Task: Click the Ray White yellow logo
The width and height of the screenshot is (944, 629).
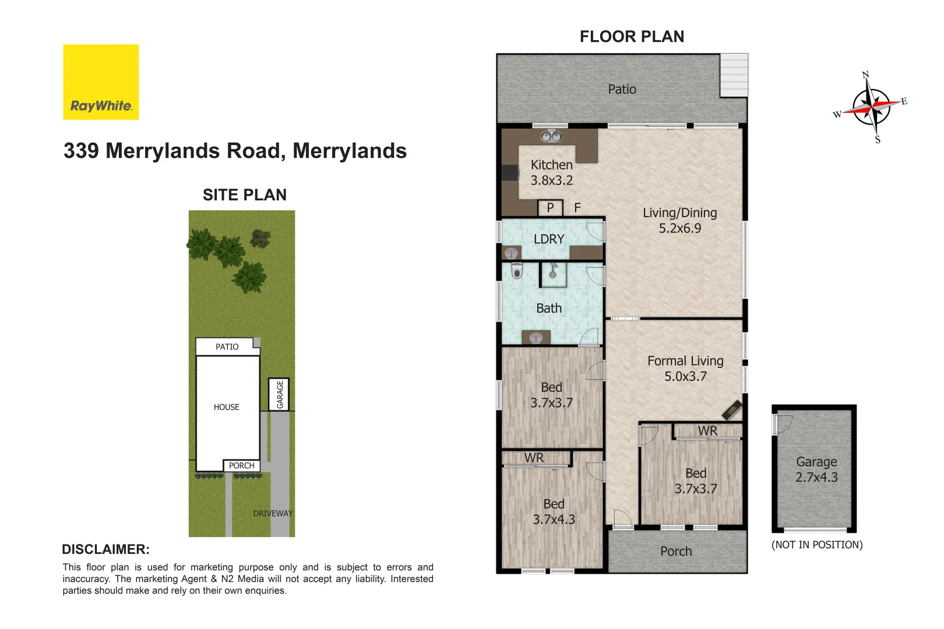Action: click(101, 82)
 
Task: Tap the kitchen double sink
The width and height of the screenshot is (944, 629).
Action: click(551, 137)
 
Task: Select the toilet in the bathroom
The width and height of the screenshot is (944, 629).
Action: click(516, 271)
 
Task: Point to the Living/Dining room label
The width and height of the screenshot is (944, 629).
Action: click(679, 213)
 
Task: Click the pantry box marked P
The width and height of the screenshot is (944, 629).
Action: click(550, 208)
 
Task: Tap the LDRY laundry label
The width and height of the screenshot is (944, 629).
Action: click(549, 239)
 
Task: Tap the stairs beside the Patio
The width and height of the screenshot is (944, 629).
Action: click(734, 75)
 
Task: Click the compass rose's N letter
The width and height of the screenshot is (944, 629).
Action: click(865, 75)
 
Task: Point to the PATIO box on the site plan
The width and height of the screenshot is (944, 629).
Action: click(227, 347)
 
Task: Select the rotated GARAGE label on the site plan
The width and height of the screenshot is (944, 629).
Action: click(280, 394)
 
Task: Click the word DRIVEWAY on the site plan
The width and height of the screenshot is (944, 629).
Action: click(273, 513)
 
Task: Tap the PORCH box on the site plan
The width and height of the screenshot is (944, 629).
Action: click(241, 465)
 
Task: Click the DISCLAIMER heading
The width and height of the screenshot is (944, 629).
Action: click(105, 549)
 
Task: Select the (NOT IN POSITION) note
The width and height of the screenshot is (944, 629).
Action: click(817, 545)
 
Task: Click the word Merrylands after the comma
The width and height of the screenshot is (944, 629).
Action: click(350, 151)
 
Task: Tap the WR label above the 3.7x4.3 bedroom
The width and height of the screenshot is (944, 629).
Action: click(534, 458)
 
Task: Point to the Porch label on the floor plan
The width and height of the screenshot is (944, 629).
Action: click(676, 551)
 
